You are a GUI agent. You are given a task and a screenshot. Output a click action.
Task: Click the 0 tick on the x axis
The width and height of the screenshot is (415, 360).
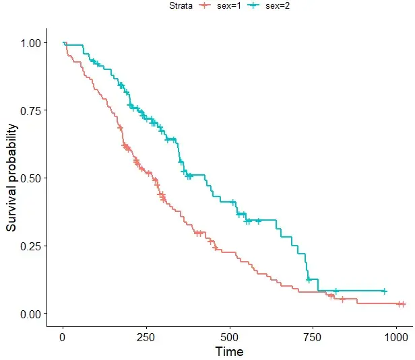63,337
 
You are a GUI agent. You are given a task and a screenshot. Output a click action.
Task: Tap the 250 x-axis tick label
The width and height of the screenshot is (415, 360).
146,337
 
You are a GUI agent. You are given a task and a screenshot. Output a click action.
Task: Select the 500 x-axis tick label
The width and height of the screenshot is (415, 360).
230,337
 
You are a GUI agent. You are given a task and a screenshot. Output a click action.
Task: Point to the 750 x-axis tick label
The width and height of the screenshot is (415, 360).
313,337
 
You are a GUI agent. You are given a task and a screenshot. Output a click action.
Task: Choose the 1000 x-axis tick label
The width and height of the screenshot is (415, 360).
396,337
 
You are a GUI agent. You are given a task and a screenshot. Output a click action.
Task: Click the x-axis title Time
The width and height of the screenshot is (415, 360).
229,351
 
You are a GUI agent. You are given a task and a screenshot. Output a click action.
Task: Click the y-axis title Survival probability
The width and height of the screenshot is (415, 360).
11,178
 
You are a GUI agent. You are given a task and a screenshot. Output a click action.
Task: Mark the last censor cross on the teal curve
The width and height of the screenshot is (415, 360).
384,291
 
